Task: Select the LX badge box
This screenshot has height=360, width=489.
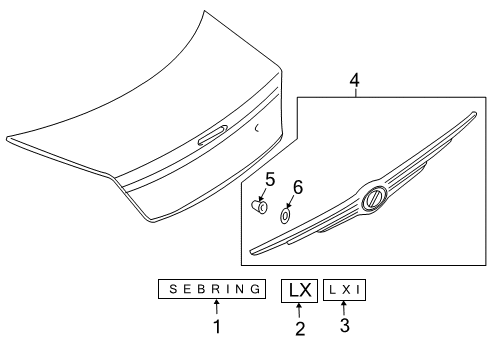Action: coord(300,290)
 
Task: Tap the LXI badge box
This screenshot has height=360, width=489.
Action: coord(345,290)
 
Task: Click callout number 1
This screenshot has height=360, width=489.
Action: coord(216,325)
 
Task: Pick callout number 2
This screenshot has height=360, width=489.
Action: coord(300,327)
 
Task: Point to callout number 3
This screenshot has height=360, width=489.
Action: coord(345,325)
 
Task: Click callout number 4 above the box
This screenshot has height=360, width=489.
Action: coord(353,79)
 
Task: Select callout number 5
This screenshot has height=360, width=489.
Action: coord(269,180)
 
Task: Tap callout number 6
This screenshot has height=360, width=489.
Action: coord(296,187)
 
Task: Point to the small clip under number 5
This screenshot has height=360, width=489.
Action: coord(258,206)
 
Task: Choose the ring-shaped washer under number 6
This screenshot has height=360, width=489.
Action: coord(285,213)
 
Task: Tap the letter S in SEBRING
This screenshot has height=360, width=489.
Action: coord(171,290)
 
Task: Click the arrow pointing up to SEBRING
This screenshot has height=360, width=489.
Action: coord(215,308)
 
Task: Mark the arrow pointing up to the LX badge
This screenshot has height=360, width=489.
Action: coord(300,310)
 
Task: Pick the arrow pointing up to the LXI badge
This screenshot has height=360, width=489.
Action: coord(345,308)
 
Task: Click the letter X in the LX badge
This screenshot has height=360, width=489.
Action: coord(307,290)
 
